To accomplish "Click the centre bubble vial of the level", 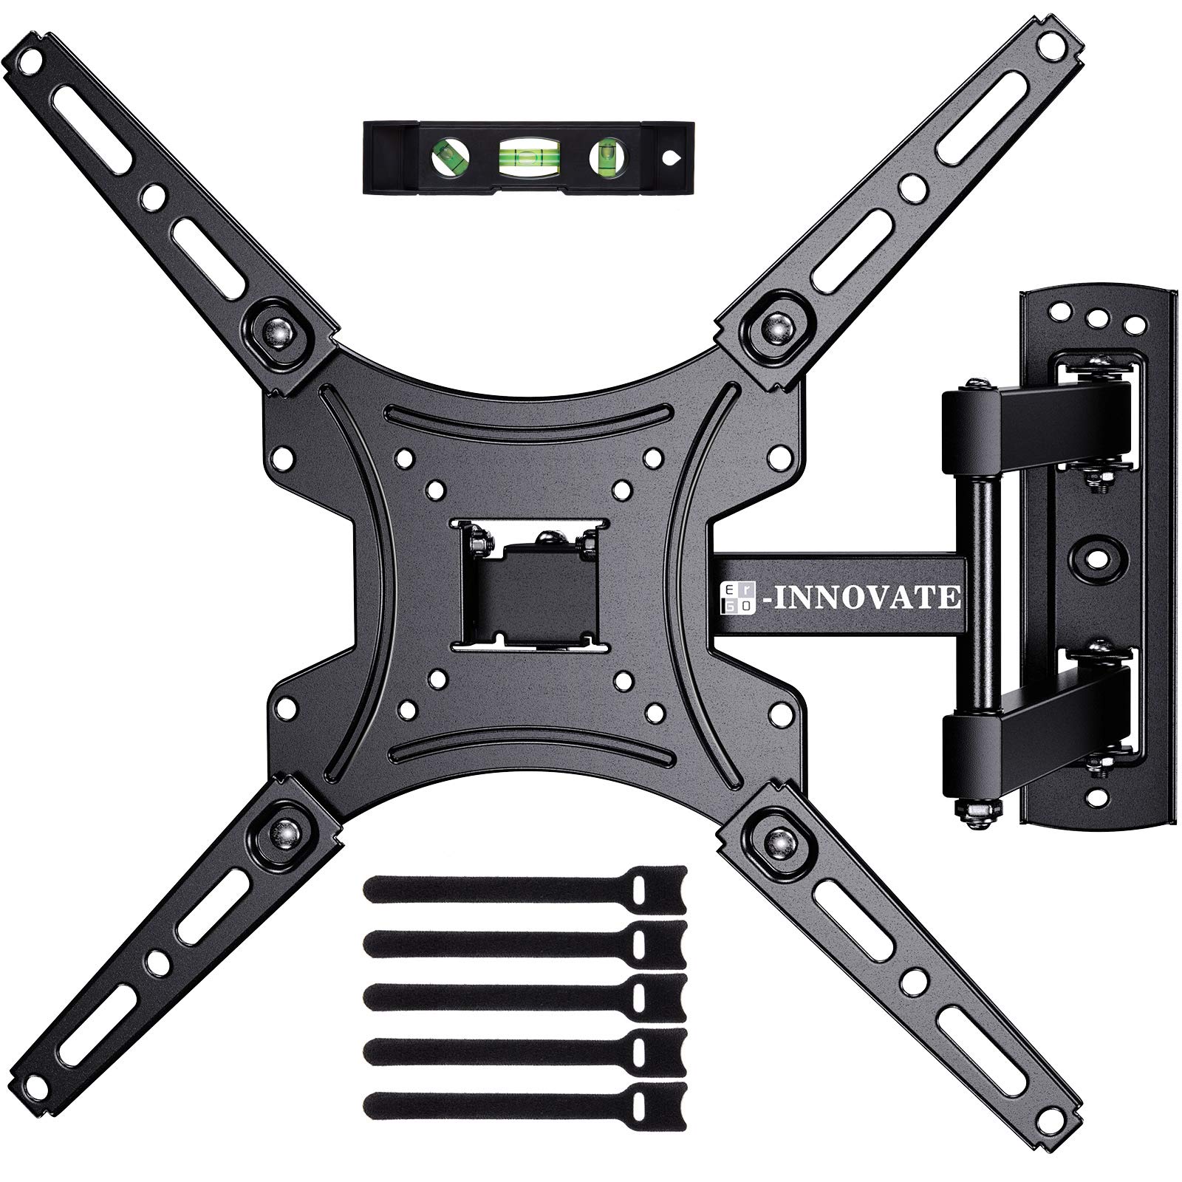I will (x=527, y=157).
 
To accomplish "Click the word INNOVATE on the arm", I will (x=864, y=595).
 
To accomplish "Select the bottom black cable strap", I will (x=525, y=1102).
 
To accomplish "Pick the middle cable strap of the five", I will (x=525, y=994).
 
